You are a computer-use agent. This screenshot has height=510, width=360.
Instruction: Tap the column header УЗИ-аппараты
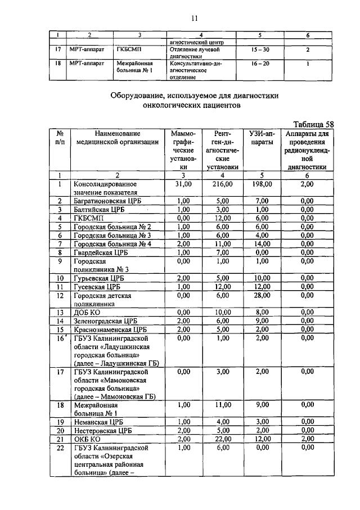click(262, 138)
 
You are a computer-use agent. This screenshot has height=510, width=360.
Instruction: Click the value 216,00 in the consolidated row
click(223, 184)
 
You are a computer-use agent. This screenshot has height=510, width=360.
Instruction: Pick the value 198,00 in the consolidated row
click(262, 184)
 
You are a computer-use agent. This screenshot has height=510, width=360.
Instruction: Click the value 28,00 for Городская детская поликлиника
click(262, 295)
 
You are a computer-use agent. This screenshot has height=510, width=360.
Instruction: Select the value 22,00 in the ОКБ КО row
click(223, 438)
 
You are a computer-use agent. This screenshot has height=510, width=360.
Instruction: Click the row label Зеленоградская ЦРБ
click(106, 320)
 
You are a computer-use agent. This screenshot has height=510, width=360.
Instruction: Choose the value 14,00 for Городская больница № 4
click(262, 243)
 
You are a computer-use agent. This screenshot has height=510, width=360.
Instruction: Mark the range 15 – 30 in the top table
click(260, 50)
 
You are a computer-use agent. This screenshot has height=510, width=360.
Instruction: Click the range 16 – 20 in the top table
click(260, 64)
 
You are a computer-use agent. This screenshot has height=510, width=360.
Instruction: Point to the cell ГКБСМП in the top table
click(128, 50)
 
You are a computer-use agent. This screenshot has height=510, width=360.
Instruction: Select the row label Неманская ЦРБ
click(98, 421)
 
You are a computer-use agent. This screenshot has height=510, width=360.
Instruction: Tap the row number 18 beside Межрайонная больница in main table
click(60, 404)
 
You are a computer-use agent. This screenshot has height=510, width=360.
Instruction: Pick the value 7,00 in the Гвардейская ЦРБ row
click(223, 252)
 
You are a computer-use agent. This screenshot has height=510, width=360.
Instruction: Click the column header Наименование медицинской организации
click(118, 138)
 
